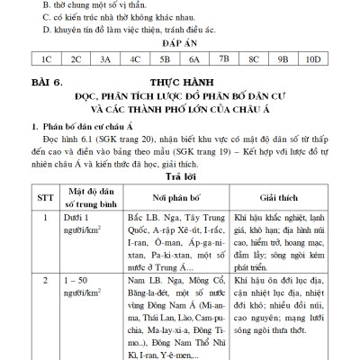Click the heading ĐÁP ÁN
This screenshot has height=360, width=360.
tap(179, 42)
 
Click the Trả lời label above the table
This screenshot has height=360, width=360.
tap(179, 175)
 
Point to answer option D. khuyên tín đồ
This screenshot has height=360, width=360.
tap(126, 27)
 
